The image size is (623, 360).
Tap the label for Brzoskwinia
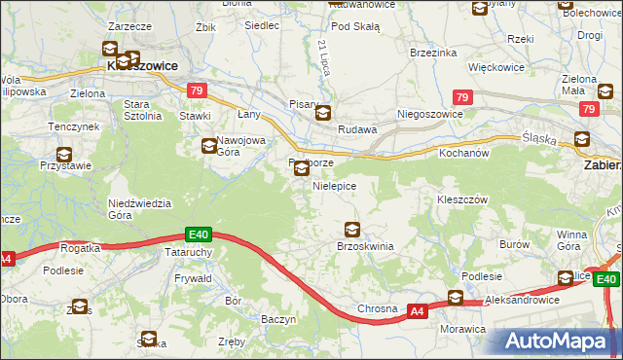coord(364,247)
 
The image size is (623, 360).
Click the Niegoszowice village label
coord(429,114)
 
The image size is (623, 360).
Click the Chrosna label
coord(377,309)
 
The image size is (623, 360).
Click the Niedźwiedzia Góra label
coord(139,209)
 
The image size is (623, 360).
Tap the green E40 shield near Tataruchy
coord(199,234)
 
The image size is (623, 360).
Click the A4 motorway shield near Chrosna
coord(417,311)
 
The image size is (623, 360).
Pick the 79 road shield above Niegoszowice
coord(462,97)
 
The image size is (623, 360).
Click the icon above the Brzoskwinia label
coord(352,230)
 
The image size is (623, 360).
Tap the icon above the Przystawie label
coord(64,154)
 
